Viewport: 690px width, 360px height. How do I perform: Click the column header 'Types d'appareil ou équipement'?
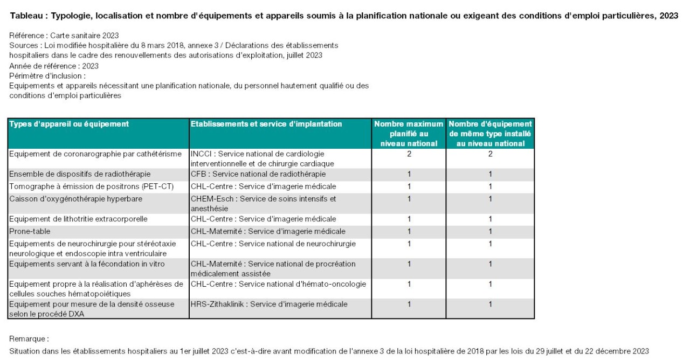point(69,124)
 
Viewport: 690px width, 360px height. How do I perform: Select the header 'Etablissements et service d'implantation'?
point(266,124)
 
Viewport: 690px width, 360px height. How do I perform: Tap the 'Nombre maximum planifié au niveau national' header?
point(409,134)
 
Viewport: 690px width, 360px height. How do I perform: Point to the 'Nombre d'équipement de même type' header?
point(490,134)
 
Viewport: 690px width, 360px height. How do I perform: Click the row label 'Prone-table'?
point(30,231)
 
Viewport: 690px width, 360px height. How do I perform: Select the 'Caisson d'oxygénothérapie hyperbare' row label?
point(76,199)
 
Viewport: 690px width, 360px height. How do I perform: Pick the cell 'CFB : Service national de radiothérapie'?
point(258,174)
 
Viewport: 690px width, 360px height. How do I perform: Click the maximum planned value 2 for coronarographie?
point(409,154)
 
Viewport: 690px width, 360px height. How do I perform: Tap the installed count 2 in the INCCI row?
point(491,154)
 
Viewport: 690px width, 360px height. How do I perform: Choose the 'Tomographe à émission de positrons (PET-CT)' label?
point(92,186)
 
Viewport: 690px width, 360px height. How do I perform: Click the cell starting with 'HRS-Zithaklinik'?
point(269,304)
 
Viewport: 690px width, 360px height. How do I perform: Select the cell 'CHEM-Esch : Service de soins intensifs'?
point(264,204)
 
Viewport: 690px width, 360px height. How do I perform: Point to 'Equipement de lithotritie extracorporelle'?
point(78,219)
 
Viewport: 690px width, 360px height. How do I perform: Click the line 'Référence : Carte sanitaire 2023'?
point(64,36)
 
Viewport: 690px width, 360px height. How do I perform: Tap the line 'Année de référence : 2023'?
point(54,66)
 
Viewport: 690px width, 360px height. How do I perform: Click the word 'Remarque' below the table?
point(27,339)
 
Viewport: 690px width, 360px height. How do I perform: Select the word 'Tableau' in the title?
point(26,16)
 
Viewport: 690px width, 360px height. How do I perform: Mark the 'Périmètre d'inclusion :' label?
point(47,76)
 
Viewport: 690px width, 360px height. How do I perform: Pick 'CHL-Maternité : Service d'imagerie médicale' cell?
point(268,231)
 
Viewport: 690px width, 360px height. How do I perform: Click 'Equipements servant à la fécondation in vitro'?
point(87,264)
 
